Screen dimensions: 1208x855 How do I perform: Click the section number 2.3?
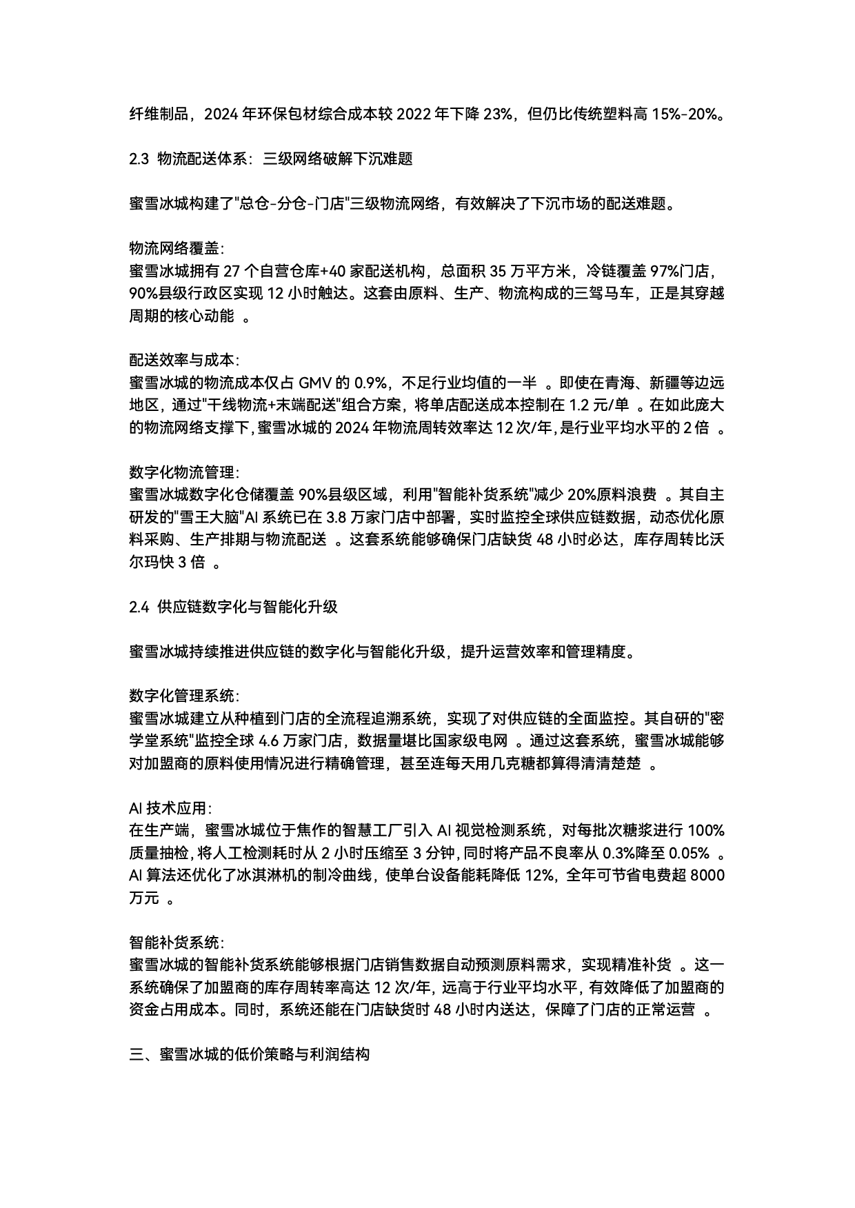pyautogui.click(x=139, y=159)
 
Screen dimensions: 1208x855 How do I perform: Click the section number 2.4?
pyautogui.click(x=139, y=607)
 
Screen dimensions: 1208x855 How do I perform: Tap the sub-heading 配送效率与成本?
pyautogui.click(x=183, y=360)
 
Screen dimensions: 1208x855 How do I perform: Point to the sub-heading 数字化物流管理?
pyautogui.click(x=183, y=472)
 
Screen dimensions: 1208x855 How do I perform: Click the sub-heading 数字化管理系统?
pyautogui.click(x=183, y=696)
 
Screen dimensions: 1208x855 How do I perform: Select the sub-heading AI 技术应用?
pyautogui.click(x=170, y=808)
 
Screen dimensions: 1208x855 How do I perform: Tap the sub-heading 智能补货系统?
pyautogui.click(x=176, y=943)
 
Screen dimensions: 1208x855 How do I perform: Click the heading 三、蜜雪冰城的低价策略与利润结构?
pyautogui.click(x=250, y=1054)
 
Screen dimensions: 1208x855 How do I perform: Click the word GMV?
pyautogui.click(x=315, y=383)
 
